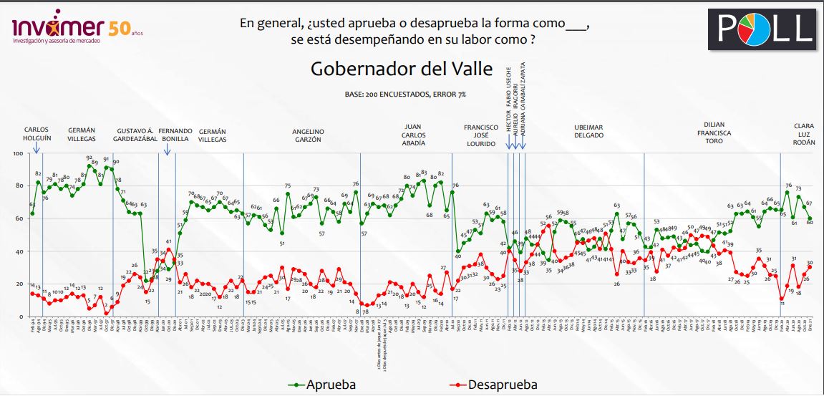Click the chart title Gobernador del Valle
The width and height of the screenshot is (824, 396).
click(x=401, y=70)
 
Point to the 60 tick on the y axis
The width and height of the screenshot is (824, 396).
click(x=18, y=218)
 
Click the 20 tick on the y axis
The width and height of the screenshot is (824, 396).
click(x=18, y=284)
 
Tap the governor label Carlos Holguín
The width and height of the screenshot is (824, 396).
click(x=37, y=135)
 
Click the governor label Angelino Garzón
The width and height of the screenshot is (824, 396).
click(x=309, y=135)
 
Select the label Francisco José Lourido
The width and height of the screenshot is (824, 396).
click(x=480, y=135)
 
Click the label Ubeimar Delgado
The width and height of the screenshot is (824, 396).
click(x=589, y=131)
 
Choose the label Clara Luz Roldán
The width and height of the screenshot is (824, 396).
click(x=803, y=135)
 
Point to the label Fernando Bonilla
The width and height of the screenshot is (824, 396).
click(x=175, y=135)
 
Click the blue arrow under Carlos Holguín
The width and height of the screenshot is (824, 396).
click(x=37, y=147)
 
